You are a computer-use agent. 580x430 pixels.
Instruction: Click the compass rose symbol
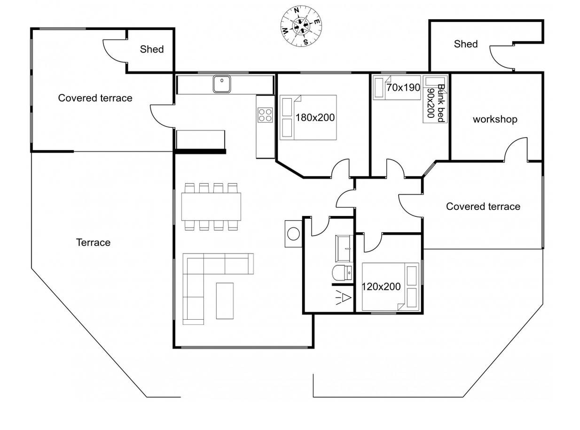[301, 26]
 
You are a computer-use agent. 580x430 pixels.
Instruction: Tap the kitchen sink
[222, 84]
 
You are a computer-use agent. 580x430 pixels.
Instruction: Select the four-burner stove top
[265, 115]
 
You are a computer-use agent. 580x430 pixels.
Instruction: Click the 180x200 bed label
[315, 117]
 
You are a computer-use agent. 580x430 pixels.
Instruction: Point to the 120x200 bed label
[381, 286]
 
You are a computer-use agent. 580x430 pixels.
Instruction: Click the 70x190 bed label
[403, 87]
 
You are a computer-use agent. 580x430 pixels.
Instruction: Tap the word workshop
[495, 119]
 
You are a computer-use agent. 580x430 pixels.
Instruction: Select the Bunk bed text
[441, 103]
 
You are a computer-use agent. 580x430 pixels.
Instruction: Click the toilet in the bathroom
[342, 273]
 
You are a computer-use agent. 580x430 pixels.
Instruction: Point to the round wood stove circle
[293, 234]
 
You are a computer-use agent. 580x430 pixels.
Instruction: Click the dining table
[211, 207]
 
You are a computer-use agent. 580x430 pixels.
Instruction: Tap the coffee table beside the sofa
[225, 301]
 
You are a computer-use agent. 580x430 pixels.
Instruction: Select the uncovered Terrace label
[94, 242]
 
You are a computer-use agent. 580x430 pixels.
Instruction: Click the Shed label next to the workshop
[466, 44]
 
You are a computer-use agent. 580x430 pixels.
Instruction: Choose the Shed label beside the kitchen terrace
[152, 49]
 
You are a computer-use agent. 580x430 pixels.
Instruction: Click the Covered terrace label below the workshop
[483, 207]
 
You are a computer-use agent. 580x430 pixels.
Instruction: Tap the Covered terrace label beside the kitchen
[95, 98]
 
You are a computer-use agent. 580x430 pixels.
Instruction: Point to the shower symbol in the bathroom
[343, 297]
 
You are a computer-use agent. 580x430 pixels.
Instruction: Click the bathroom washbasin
[344, 248]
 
